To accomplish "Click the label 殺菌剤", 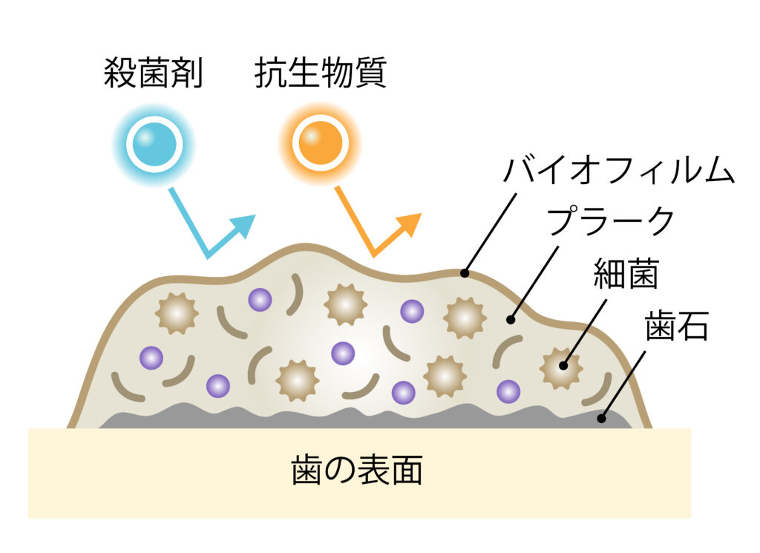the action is click(153, 73).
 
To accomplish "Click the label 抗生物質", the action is click(321, 73).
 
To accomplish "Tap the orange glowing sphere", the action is click(321, 143).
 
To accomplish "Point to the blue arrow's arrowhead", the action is click(243, 225).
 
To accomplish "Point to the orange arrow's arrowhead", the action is click(410, 224).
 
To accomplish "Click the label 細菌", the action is click(626, 274).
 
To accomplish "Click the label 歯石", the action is click(677, 326).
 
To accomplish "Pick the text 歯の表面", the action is click(357, 470).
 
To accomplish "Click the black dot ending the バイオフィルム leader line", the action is click(465, 273).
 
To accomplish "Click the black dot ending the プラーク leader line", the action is click(510, 319).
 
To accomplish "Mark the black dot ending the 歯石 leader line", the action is click(601, 418).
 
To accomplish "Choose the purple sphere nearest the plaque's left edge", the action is click(151, 358).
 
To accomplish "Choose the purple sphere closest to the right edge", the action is click(508, 391).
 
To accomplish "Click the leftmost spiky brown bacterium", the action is click(177, 313).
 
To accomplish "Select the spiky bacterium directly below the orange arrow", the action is click(345, 304).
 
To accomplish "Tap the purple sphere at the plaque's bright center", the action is click(343, 353).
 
